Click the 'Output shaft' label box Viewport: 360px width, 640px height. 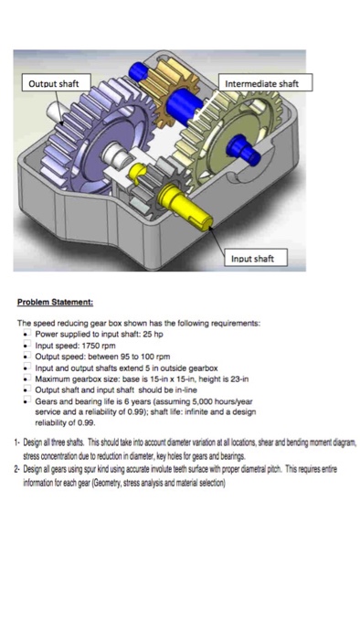[x=54, y=83]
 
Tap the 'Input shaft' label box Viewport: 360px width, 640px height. [x=251, y=259]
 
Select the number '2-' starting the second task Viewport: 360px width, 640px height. [x=20, y=478]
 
